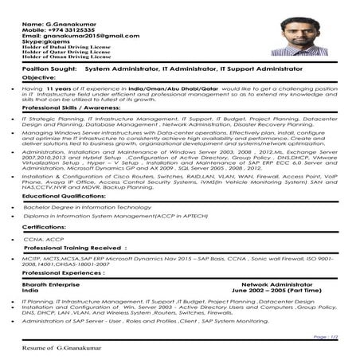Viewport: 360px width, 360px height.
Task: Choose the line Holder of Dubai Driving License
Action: pos(65,49)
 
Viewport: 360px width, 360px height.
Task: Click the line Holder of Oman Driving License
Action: pos(65,59)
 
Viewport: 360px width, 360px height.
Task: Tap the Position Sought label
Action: pos(48,70)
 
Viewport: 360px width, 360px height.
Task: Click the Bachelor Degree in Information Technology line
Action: pos(88,206)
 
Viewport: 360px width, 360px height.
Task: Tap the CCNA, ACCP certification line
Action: pos(44,239)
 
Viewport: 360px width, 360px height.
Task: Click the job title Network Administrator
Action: pos(277,284)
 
